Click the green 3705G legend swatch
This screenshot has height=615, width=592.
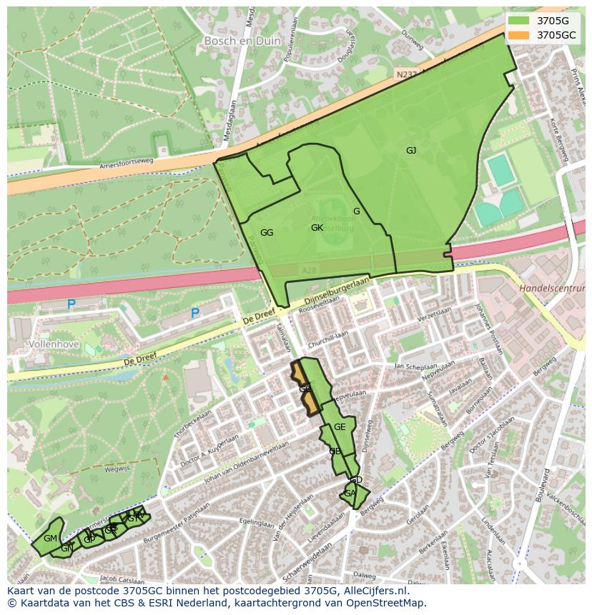[x=519, y=20]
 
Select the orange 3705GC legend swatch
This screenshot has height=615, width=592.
[x=519, y=34]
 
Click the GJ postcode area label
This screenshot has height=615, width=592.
[x=411, y=150]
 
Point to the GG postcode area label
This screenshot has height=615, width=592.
[x=267, y=233]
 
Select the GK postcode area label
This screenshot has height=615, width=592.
[x=317, y=228]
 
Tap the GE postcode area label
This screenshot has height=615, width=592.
[x=340, y=427]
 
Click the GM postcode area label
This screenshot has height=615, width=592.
[x=50, y=538]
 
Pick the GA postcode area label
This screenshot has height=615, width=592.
[x=350, y=494]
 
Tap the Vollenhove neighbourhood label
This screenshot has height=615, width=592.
[x=49, y=344]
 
